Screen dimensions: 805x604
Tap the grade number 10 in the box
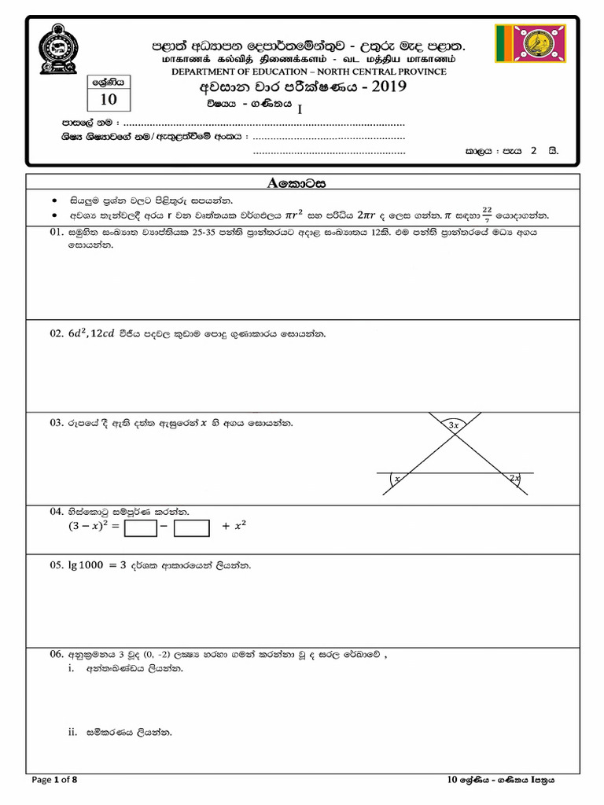(x=108, y=99)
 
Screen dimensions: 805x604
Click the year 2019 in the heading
(x=381, y=86)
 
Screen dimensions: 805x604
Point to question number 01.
(x=56, y=233)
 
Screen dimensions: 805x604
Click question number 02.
(x=56, y=334)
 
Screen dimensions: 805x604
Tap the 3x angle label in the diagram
(x=454, y=425)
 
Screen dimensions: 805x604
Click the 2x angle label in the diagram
(x=514, y=478)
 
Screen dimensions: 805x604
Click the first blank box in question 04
(x=141, y=528)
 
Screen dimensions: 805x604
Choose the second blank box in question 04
(x=191, y=528)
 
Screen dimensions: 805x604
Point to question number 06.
(x=56, y=653)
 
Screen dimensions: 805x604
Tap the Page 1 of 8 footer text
(x=54, y=780)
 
